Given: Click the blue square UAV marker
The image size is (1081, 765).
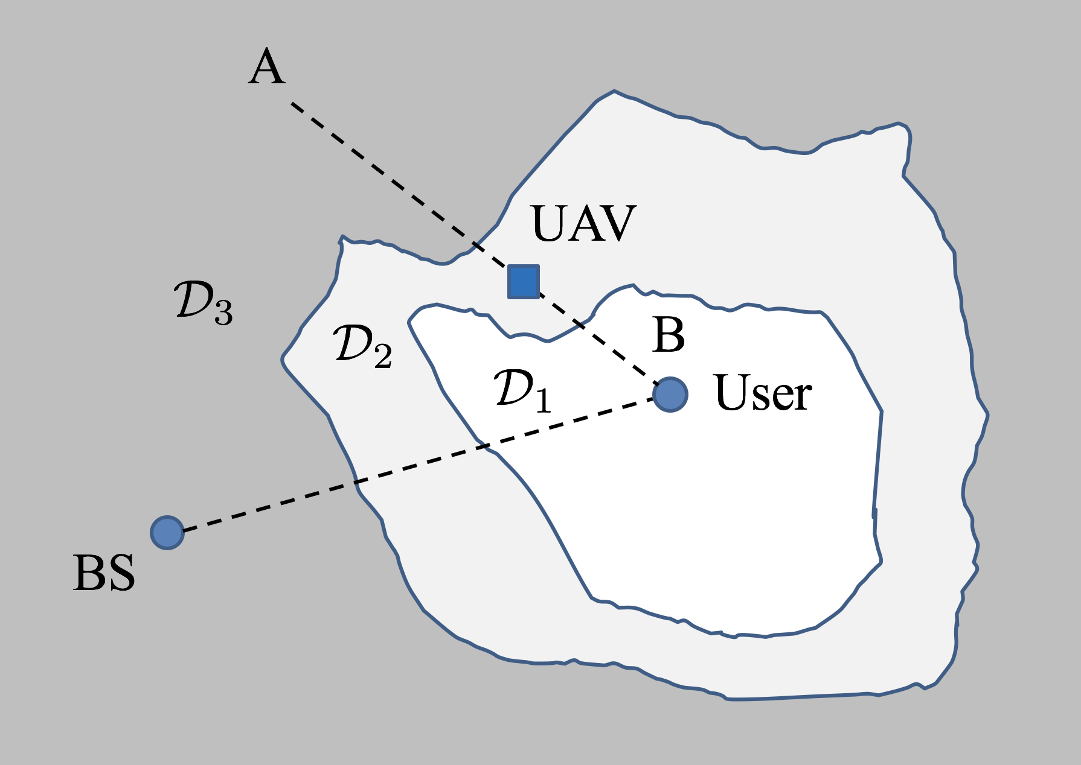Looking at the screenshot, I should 523,281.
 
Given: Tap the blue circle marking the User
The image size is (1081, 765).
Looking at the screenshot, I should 670,394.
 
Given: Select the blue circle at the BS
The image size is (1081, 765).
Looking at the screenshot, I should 167,532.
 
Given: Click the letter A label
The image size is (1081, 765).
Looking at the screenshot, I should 266,68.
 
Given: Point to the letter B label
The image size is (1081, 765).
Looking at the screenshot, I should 669,335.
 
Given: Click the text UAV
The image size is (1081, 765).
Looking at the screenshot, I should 583,224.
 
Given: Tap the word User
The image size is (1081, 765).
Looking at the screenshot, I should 763,393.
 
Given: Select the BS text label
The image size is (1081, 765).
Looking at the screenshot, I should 104,573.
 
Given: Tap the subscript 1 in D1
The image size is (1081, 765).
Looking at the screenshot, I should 543,401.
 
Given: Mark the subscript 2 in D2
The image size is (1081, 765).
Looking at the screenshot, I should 383,356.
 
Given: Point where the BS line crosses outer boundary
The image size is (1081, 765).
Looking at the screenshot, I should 356,482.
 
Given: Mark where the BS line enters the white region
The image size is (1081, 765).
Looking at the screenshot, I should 487,446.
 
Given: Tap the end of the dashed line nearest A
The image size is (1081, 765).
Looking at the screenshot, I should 293,104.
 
